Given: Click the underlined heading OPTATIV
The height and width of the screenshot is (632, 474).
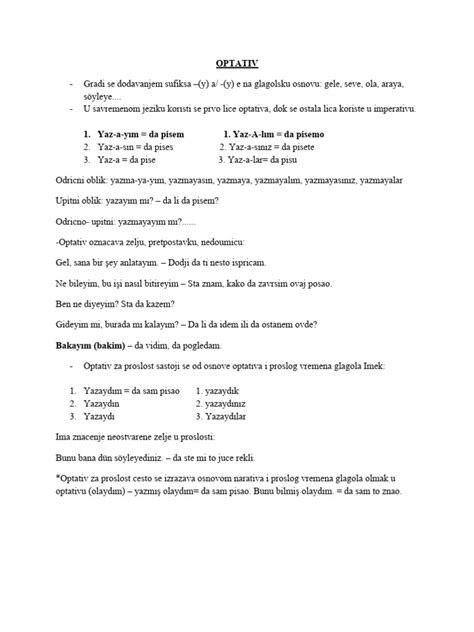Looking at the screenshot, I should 237,62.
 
